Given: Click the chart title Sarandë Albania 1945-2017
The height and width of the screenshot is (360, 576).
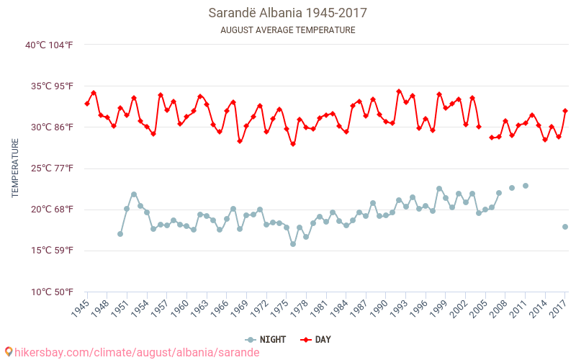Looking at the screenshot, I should pos(287,13).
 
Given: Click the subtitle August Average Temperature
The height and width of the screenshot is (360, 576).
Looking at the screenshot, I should pos(287,30).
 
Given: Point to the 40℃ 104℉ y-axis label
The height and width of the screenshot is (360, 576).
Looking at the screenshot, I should pos(50,45).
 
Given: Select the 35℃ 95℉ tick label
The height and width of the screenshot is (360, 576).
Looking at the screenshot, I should pos(50,86).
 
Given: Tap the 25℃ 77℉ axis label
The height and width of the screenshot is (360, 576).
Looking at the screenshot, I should pos(50,168).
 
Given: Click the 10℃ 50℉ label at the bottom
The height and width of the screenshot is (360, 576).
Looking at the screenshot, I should pos(50,292).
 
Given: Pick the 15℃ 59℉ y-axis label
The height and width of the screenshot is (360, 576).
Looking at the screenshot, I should pos(50,251).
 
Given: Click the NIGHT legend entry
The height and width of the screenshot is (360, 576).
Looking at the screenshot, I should pos(270,340).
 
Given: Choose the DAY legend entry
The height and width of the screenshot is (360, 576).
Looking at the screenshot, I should pos(316,340).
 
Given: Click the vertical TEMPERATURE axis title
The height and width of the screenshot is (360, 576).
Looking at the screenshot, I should pos(15,168).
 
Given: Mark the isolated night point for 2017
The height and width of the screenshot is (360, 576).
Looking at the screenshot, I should pos(565,227).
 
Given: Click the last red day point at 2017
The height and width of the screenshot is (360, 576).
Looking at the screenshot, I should pos(565,111).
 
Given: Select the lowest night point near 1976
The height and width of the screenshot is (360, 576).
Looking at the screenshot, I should pos(293,244).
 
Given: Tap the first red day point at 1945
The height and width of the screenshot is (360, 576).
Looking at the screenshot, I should pos(87,104).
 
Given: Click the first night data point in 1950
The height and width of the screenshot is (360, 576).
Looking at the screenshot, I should pos(120,234).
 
